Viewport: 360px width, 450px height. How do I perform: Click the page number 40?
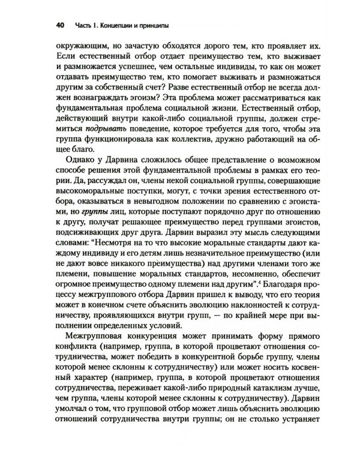coord(60,26)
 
